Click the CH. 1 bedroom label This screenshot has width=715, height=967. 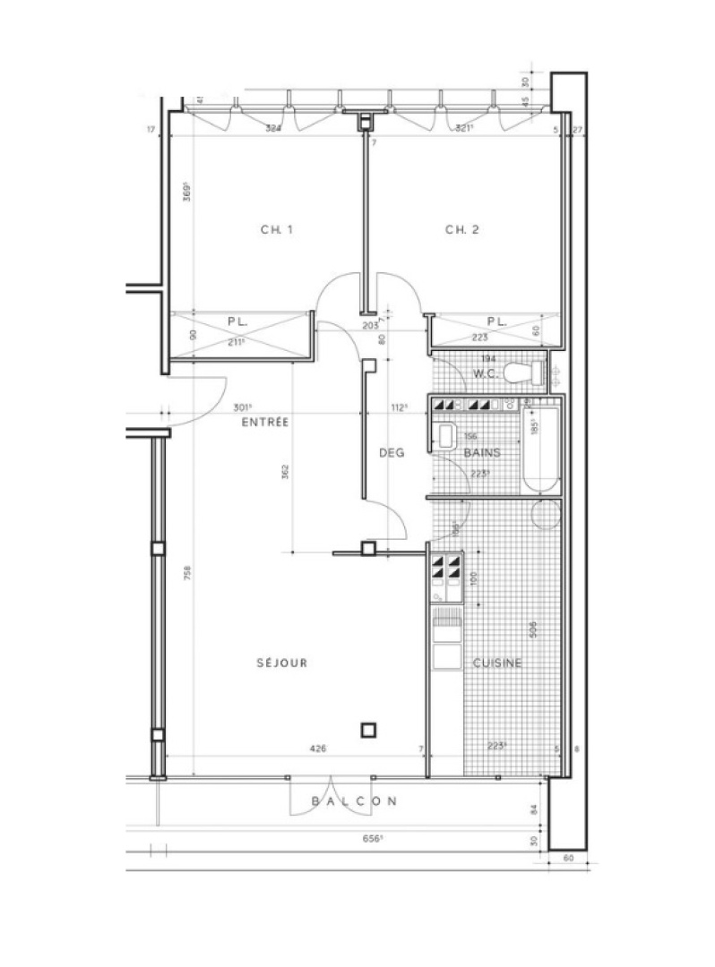click(277, 230)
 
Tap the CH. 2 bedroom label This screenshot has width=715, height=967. click(462, 230)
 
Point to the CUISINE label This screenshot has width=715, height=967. click(497, 663)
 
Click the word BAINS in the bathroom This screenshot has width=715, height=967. click(482, 453)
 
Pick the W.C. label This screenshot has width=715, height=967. click(485, 373)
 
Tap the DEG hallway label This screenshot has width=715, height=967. click(392, 453)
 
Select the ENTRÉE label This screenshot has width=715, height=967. click(264, 422)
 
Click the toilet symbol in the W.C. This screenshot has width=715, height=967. click(521, 372)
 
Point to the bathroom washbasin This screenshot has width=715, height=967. click(445, 437)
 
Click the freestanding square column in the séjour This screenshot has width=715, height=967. click(368, 730)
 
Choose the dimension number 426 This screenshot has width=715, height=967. click(317, 749)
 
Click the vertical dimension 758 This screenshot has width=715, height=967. click(187, 574)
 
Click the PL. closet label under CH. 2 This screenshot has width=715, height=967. click(496, 321)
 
